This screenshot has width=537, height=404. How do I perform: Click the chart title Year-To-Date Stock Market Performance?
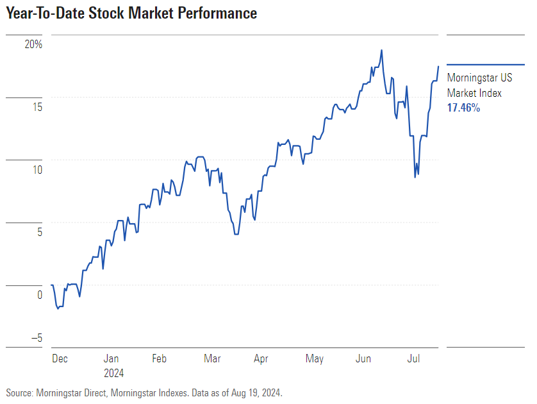tap(131, 13)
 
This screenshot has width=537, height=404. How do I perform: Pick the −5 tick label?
tap(37, 339)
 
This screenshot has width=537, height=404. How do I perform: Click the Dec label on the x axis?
tap(60, 359)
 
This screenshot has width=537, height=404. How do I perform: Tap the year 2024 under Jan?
tap(113, 373)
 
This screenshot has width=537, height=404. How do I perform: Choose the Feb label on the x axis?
tap(160, 359)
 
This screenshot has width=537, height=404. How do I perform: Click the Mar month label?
tap(212, 359)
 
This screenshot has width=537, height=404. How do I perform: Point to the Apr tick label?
tap(261, 359)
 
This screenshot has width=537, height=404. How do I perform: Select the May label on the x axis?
tap(314, 359)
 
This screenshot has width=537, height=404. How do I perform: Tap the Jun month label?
tap(363, 359)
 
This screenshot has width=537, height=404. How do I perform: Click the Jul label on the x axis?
tap(414, 359)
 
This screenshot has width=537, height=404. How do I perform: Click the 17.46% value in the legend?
tap(463, 108)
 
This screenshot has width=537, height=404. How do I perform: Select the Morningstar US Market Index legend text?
tap(479, 86)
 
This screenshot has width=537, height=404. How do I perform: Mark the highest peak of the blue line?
tap(381, 50)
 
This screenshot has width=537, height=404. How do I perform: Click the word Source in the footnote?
tap(19, 392)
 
